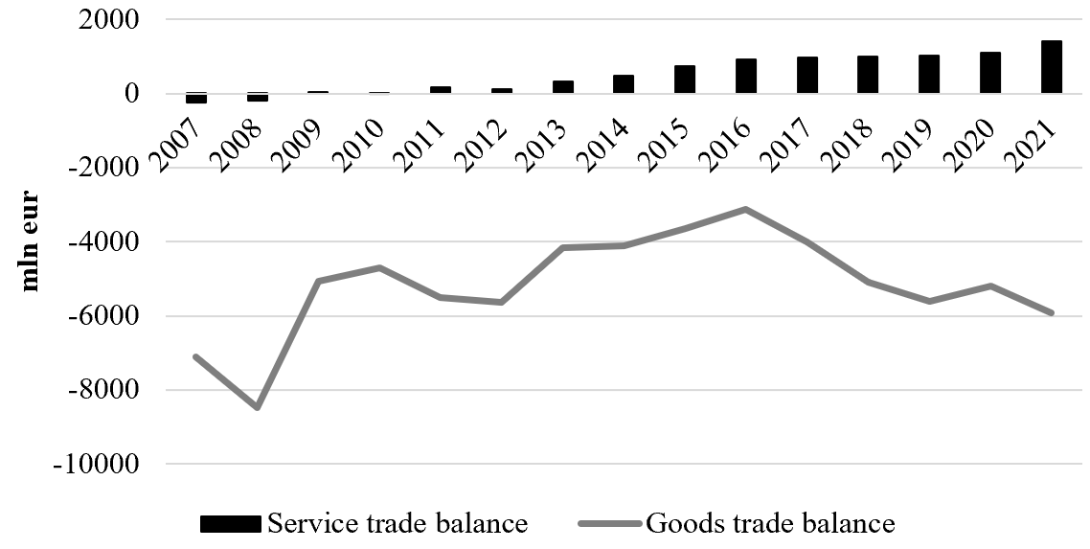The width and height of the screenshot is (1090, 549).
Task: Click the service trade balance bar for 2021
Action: (x=1051, y=67)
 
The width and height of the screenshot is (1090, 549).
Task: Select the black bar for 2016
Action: (x=746, y=76)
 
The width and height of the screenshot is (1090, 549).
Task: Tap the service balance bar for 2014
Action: (x=624, y=83)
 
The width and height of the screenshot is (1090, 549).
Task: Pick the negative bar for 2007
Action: (x=196, y=98)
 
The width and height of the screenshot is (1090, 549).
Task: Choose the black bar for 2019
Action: (x=929, y=74)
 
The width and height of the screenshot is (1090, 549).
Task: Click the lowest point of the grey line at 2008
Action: (x=258, y=408)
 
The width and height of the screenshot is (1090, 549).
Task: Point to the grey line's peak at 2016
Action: (x=745, y=209)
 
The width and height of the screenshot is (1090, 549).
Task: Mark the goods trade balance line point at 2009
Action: (x=318, y=281)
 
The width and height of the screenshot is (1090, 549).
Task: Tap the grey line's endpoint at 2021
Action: (x=1052, y=313)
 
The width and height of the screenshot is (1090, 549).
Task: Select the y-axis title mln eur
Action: (x=30, y=241)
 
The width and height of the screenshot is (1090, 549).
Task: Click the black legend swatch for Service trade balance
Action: (x=230, y=523)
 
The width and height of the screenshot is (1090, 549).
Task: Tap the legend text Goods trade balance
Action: (x=770, y=523)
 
